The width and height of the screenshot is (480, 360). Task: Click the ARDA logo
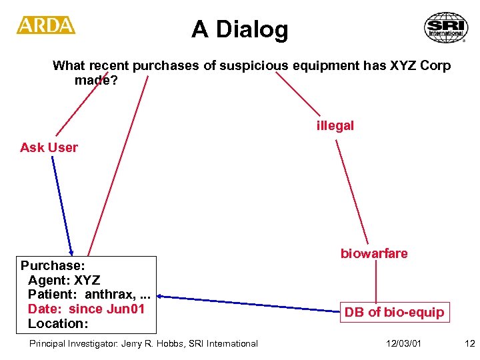45,25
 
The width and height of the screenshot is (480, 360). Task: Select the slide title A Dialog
239,29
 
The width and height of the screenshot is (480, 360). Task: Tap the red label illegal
335,125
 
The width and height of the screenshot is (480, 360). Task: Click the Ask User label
49,147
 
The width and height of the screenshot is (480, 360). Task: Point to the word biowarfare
374,253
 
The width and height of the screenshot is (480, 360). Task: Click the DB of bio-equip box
393,312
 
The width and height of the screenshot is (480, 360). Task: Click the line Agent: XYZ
64,279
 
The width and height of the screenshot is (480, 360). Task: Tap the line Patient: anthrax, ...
87,294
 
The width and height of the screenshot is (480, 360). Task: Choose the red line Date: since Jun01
86,309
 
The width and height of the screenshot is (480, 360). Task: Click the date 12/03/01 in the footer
403,343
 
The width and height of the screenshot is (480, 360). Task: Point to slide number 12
469,343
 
